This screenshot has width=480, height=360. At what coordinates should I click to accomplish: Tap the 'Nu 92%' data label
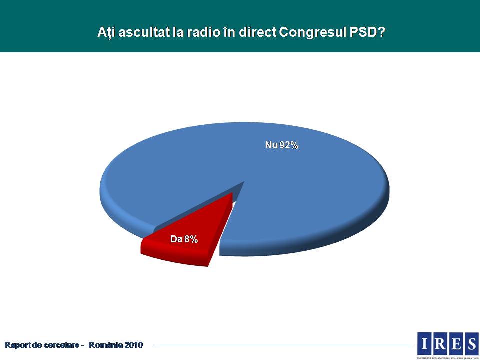click(x=281, y=145)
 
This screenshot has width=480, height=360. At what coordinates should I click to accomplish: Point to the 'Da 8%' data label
click(x=184, y=239)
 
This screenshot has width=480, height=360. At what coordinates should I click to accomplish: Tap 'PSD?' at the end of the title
click(x=370, y=32)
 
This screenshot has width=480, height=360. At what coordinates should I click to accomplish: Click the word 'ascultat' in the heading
click(x=137, y=32)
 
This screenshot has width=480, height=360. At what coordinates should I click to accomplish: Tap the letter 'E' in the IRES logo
click(x=455, y=343)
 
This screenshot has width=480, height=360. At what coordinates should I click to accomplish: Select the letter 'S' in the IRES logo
click(x=471, y=343)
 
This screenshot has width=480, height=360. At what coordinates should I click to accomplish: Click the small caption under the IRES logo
click(x=448, y=357)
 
